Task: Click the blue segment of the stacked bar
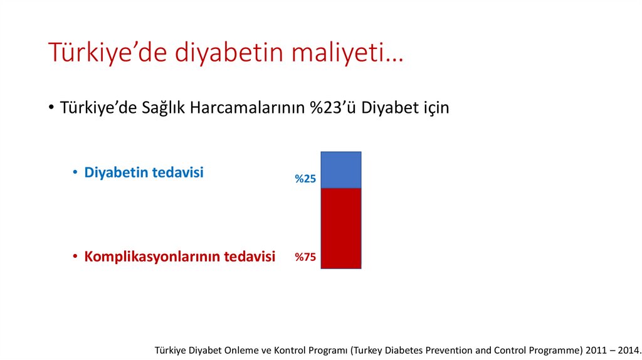[340, 170]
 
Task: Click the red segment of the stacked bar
[340, 228]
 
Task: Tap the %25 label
[305, 179]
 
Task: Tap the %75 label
[305, 257]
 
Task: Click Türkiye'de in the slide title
[107, 53]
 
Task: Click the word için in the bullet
[434, 108]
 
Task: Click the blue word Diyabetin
[113, 172]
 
